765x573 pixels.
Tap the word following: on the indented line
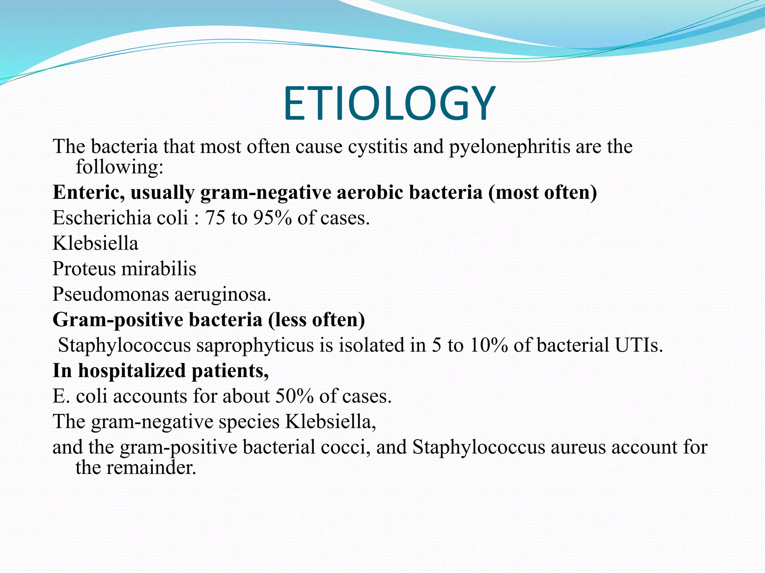120,167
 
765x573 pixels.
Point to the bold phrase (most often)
542,192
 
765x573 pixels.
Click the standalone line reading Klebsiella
96,243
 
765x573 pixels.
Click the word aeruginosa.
223,294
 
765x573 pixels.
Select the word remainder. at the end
151,467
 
